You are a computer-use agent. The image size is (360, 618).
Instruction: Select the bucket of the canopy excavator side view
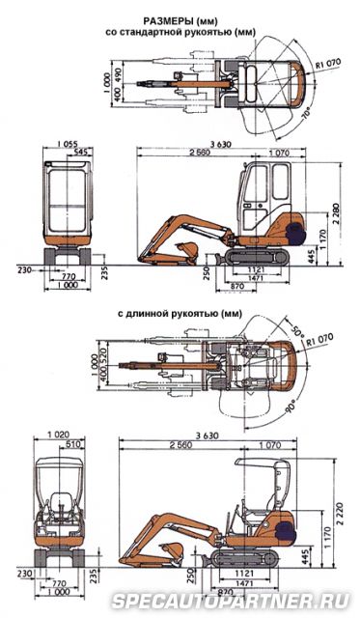tap(172, 553)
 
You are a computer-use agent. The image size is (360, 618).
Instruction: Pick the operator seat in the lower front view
tap(59, 507)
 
